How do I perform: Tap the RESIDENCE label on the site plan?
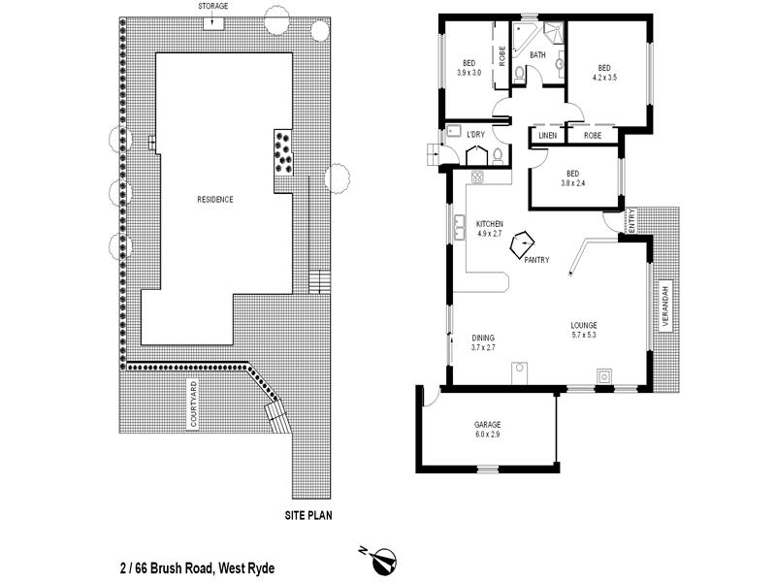pos(215,199)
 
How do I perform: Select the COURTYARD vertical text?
pos(194,405)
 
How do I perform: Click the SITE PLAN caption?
pos(308,515)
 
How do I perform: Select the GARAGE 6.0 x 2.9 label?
pos(487,430)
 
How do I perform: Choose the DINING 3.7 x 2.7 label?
pos(483,342)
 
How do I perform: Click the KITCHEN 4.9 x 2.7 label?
pos(490,229)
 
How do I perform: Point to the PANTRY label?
pos(536,260)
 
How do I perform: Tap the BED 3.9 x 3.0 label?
pos(469,68)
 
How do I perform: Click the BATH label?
pos(537,55)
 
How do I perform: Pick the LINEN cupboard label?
pos(547,137)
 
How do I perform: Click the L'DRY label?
pos(475,134)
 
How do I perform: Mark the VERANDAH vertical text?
pos(666,308)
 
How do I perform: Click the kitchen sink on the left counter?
pos(455,229)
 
